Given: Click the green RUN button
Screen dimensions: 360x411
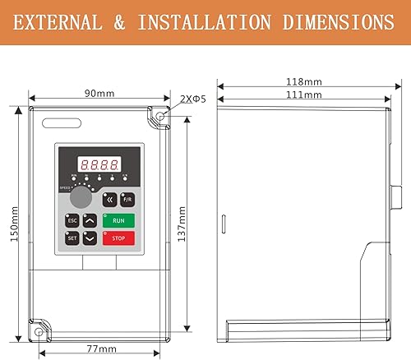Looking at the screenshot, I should coord(118,220).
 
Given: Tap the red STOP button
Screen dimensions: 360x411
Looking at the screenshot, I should coord(118,238).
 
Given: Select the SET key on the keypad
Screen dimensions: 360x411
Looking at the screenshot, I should coord(72,238).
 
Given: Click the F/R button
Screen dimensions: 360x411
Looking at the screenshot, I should coord(127,199).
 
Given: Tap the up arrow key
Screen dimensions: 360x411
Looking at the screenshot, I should coord(90,220).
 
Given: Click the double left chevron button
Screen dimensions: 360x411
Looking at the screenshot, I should coord(109,199).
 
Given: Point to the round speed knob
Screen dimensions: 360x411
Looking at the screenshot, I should coord(80,198).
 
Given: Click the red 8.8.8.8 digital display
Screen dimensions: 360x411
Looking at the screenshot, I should coord(99,164).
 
